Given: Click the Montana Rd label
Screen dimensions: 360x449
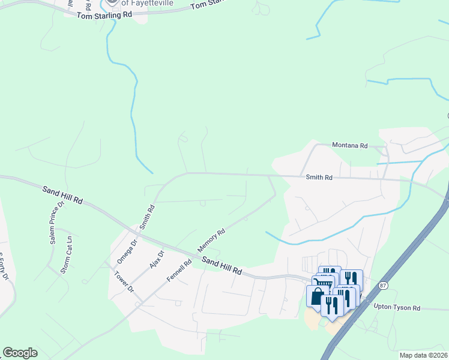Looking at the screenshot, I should click(x=350, y=145).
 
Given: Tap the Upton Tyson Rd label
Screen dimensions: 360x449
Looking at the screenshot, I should click(x=397, y=307).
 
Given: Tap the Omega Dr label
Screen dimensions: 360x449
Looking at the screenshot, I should click(x=127, y=251).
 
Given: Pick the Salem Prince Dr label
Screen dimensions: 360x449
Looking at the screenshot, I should click(x=56, y=223).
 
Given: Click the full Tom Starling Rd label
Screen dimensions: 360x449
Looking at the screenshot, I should click(x=104, y=14).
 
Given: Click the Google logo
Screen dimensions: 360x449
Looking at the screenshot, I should click(x=20, y=353).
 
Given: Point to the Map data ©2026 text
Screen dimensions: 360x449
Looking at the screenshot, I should click(x=423, y=355).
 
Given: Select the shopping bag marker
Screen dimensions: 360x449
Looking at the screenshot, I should click(x=316, y=296).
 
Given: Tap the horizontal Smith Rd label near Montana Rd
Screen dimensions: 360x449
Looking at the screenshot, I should click(x=319, y=178).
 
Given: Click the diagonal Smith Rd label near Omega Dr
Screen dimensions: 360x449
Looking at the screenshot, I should click(x=147, y=217).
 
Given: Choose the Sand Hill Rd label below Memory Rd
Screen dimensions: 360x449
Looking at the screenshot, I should click(x=221, y=266).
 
